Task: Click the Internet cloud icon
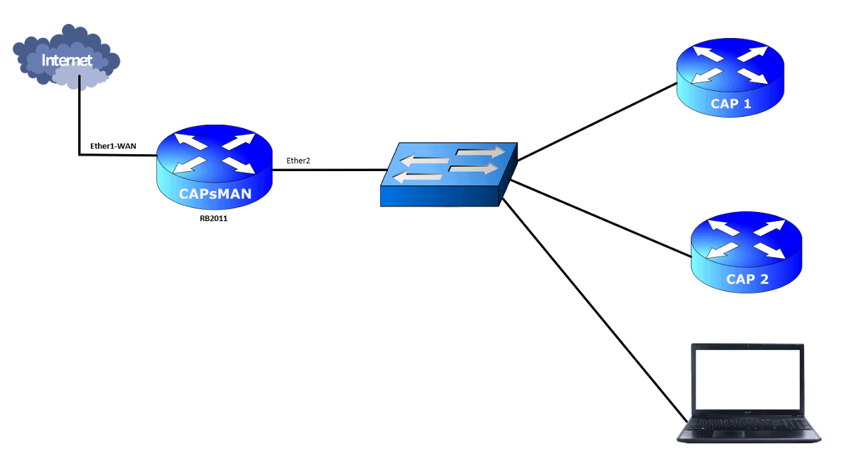coord(67,56)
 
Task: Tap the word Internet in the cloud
coord(67,60)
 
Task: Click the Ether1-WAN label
coord(113,146)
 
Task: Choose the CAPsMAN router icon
coord(215,169)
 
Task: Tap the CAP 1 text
coord(730,104)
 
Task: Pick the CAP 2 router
coord(746,250)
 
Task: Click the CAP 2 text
coord(747,279)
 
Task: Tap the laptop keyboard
coord(747,425)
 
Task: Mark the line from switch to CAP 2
coord(599,218)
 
